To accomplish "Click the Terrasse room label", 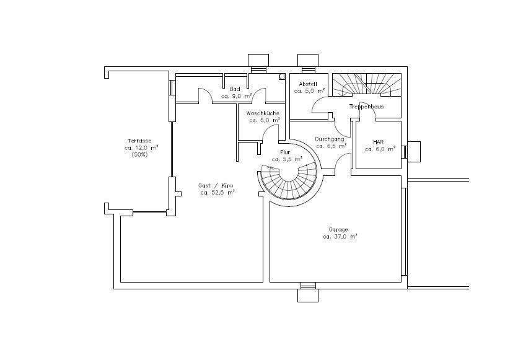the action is [x=140, y=141].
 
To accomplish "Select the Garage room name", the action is [x=338, y=229].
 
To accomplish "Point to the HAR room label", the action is [x=378, y=142].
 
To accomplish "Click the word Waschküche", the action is [x=263, y=113].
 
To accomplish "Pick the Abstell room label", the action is [x=308, y=84].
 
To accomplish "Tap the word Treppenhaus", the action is [x=366, y=107].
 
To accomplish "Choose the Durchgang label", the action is [x=330, y=139].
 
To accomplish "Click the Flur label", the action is [x=285, y=152].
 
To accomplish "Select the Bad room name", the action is [x=235, y=89].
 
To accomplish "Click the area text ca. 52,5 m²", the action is [x=217, y=193].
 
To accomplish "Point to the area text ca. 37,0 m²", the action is [x=340, y=237].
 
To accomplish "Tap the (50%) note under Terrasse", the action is [x=140, y=155].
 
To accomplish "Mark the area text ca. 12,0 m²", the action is [x=141, y=148].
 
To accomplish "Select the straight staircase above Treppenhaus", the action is [x=367, y=85].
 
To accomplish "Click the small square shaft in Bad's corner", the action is [x=282, y=77].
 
